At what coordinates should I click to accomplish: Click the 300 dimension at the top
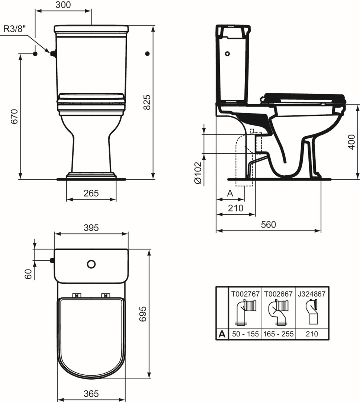63,4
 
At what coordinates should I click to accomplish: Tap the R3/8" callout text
15,29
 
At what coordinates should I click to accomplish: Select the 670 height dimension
15,117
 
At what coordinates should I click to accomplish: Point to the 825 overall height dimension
147,102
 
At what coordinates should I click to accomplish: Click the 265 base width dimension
91,193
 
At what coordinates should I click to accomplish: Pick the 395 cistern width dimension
91,227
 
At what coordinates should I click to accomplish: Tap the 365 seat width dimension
91,393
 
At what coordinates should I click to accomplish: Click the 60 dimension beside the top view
28,274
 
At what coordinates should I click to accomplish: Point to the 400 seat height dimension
352,142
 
